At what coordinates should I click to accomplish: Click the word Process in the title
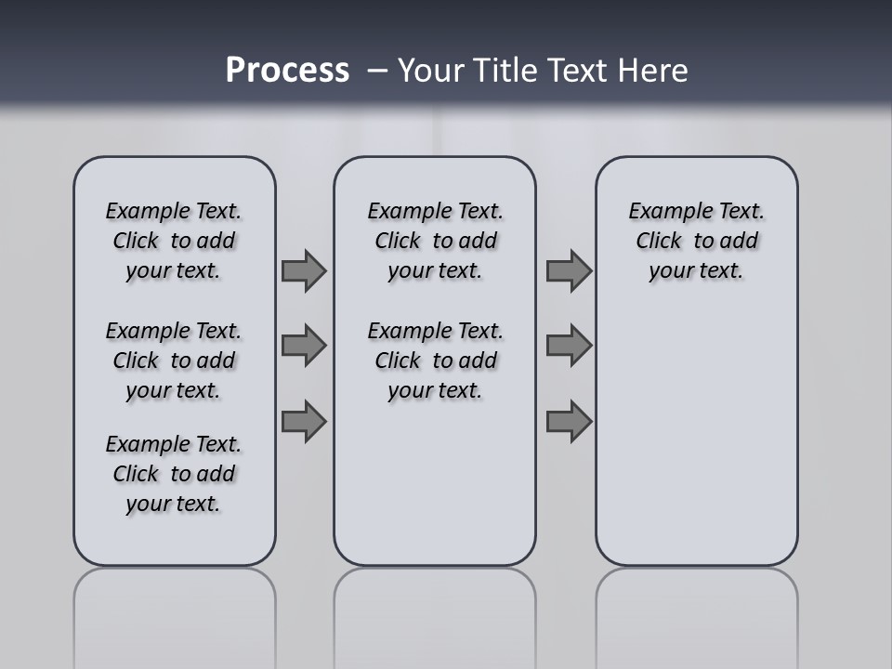point(287,71)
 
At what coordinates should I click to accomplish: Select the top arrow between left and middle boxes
point(304,270)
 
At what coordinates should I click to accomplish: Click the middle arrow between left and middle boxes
point(304,346)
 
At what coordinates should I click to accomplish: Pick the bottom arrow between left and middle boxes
point(304,422)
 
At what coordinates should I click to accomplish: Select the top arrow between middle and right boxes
point(569,270)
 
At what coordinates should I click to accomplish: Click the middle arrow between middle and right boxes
point(569,346)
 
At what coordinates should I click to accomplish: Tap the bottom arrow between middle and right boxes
point(569,422)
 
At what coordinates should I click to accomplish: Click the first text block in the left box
point(174,241)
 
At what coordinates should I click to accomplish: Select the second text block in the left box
point(174,361)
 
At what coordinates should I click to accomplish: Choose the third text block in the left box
point(174,474)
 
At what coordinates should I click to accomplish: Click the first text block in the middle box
point(435,241)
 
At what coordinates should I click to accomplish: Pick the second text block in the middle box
point(435,361)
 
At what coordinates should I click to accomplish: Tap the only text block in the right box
point(696,241)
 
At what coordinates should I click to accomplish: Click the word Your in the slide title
point(430,71)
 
